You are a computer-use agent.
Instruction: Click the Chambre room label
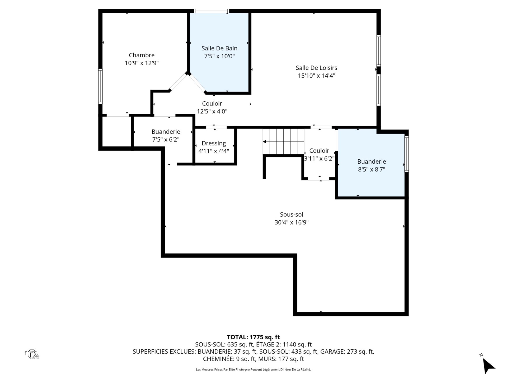[x=142, y=55]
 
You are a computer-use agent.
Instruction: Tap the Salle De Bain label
[x=219, y=48]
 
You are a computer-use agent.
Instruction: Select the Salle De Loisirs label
[x=316, y=68]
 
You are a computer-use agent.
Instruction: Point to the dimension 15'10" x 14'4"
[x=316, y=76]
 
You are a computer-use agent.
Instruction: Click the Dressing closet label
[x=214, y=144]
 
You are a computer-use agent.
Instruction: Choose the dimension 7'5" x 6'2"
[x=166, y=140]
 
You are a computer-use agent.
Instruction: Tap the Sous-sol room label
[x=292, y=215]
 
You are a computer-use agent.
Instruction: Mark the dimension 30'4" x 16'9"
[x=292, y=222]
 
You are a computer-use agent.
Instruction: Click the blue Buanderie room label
[x=372, y=161]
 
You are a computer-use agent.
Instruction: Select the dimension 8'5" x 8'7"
[x=372, y=169]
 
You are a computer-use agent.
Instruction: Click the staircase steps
[x=283, y=141]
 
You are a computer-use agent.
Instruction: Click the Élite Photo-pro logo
[x=32, y=354]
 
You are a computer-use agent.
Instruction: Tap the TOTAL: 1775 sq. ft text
[x=253, y=337]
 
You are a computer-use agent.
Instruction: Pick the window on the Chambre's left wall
[x=100, y=86]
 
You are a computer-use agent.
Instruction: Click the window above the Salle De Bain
[x=211, y=11]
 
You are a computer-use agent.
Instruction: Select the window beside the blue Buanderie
[x=407, y=154]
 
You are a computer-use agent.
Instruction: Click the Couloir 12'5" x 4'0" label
[x=212, y=107]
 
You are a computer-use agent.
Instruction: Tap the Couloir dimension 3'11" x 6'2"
[x=319, y=159]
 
